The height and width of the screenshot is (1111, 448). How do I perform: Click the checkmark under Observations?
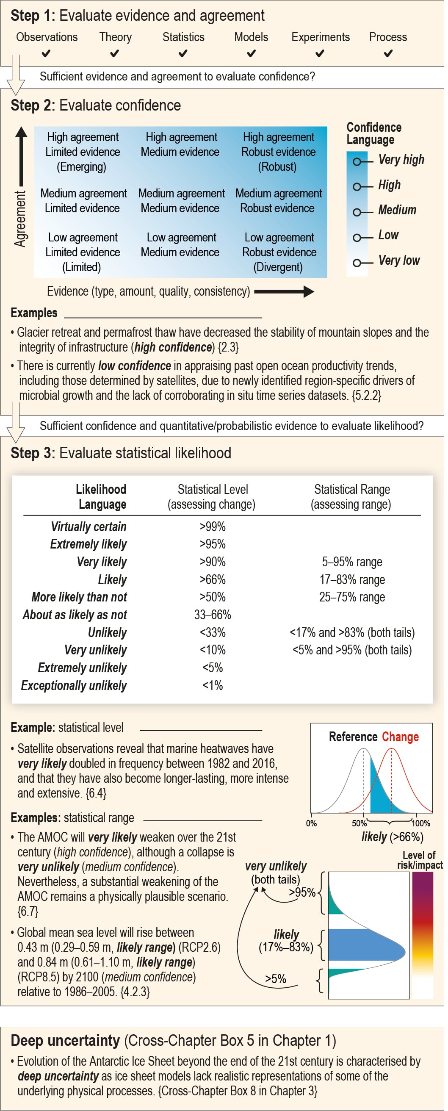(46, 53)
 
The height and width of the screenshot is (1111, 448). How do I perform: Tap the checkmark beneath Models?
(252, 53)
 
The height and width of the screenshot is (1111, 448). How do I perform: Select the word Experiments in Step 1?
(321, 37)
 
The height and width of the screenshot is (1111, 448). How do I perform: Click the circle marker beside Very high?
(357, 162)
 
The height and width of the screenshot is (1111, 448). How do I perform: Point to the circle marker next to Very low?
(357, 263)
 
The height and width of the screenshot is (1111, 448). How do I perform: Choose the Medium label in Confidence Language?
(397, 210)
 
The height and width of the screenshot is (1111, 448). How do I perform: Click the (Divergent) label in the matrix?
(278, 267)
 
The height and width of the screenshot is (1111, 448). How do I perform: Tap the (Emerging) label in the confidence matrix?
(81, 166)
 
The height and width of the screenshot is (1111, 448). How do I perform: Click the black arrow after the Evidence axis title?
(284, 291)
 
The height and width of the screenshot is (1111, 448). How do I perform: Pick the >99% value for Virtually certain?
(213, 526)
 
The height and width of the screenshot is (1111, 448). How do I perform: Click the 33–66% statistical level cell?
(213, 615)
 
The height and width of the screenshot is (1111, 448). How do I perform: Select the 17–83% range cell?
(352, 580)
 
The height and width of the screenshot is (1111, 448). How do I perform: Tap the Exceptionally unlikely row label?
(74, 685)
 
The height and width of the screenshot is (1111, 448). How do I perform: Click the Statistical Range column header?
(352, 497)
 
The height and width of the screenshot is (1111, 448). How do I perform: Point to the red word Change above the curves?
(400, 737)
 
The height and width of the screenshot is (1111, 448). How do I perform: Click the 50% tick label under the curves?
(359, 823)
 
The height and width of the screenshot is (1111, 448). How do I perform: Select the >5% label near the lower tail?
(276, 978)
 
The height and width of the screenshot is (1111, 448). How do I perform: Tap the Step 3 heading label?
(121, 453)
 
